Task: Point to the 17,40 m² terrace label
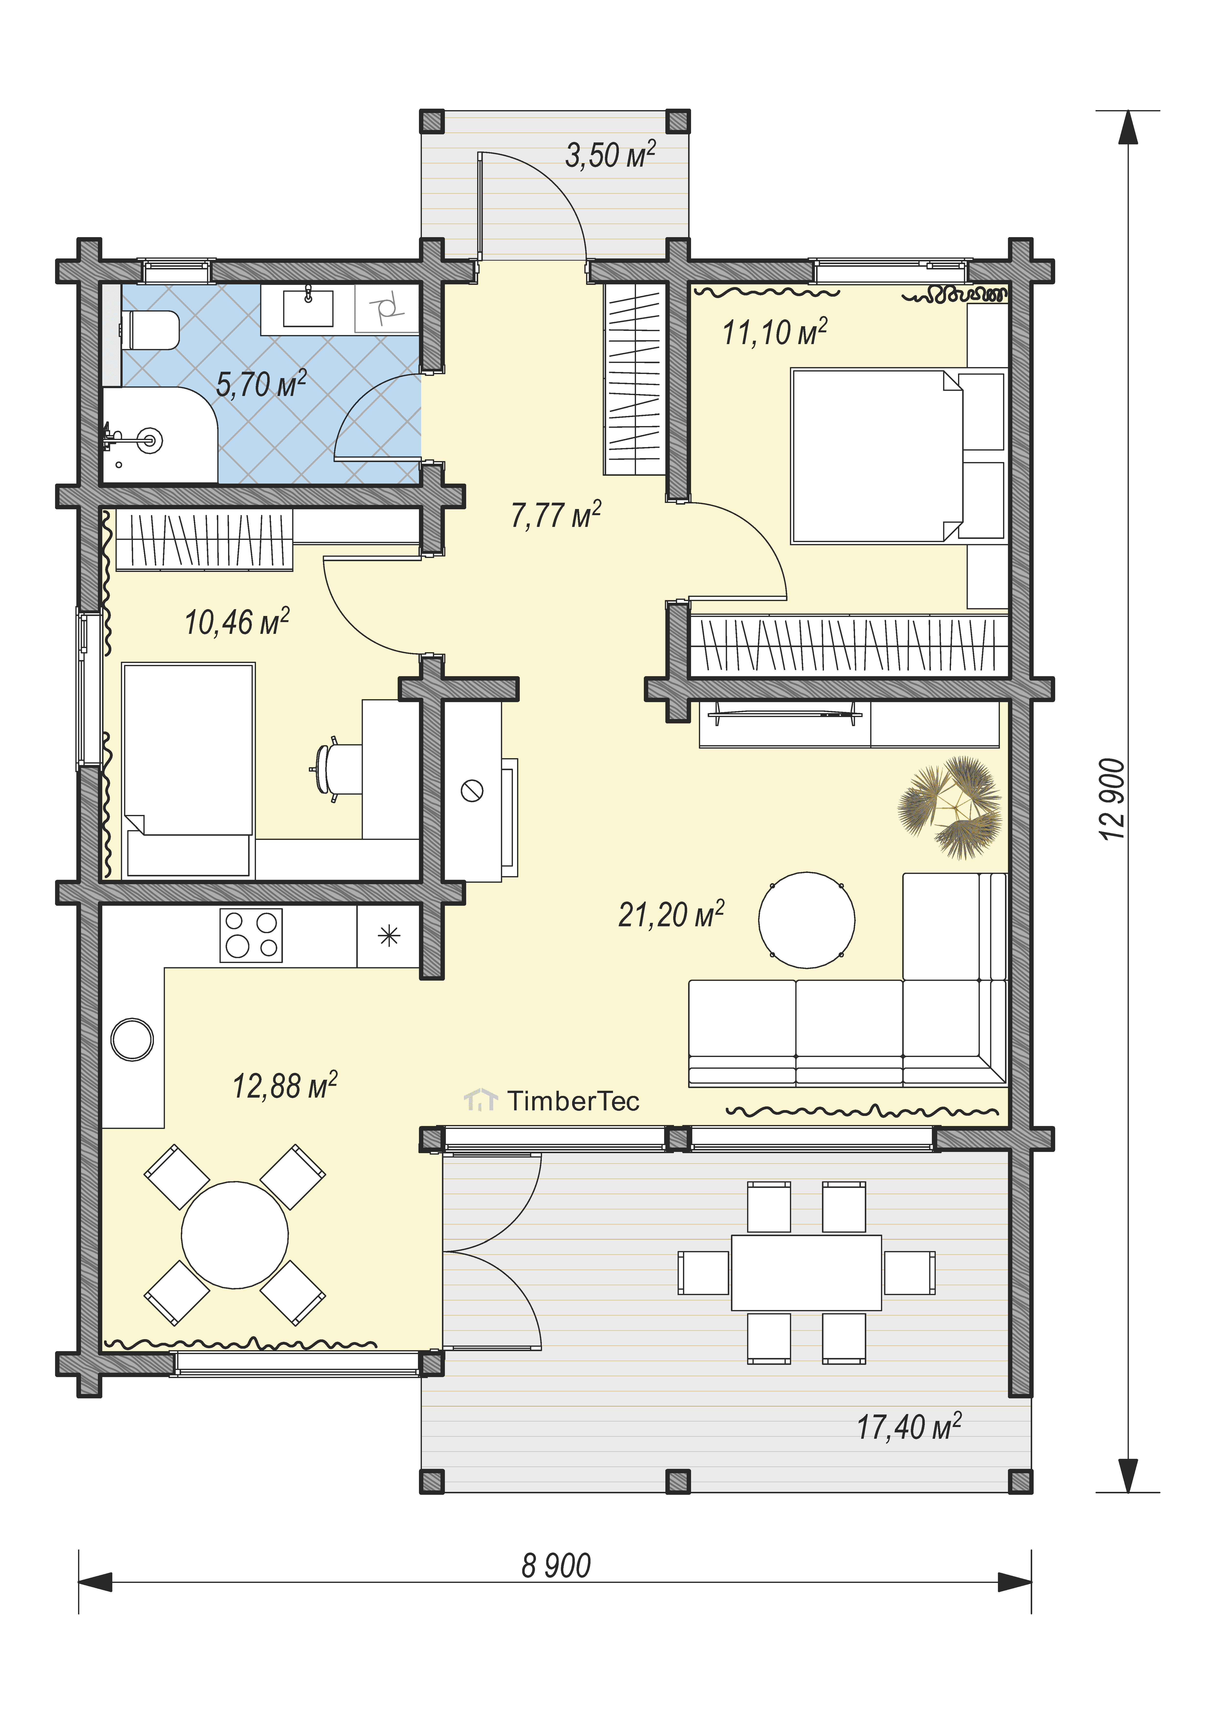[909, 1426]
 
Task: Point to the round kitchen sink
[132, 1039]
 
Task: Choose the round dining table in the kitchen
[235, 1235]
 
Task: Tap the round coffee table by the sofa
[806, 920]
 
